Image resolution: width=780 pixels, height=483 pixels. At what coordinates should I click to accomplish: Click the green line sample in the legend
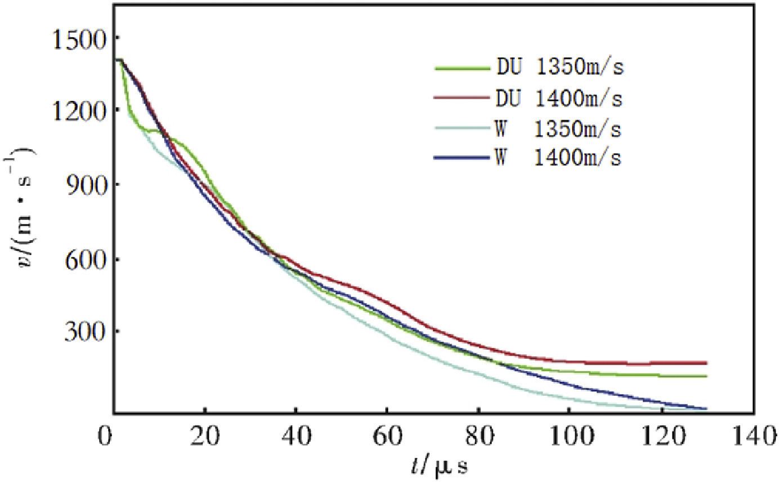click(x=461, y=69)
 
